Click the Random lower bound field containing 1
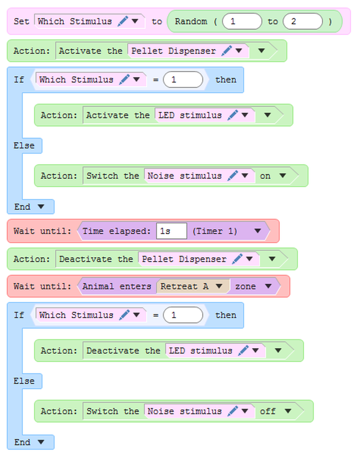(x=242, y=21)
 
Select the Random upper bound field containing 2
(x=302, y=21)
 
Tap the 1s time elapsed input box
(x=171, y=231)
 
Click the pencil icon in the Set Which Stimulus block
(x=123, y=21)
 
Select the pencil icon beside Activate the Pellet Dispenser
(x=227, y=50)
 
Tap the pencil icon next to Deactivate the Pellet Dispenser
(x=237, y=259)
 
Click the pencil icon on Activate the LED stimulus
(x=232, y=115)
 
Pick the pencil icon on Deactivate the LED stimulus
(x=243, y=351)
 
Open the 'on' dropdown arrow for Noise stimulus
(x=282, y=176)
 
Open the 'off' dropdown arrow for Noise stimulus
(x=288, y=411)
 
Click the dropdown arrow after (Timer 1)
(x=258, y=231)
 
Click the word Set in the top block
(x=21, y=21)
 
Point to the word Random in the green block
(x=191, y=21)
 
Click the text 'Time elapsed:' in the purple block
(x=117, y=231)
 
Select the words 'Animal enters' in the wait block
(x=117, y=287)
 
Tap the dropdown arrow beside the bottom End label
(x=41, y=442)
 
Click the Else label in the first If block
(x=24, y=146)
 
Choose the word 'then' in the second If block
(x=225, y=315)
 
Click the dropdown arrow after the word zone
(x=268, y=287)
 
